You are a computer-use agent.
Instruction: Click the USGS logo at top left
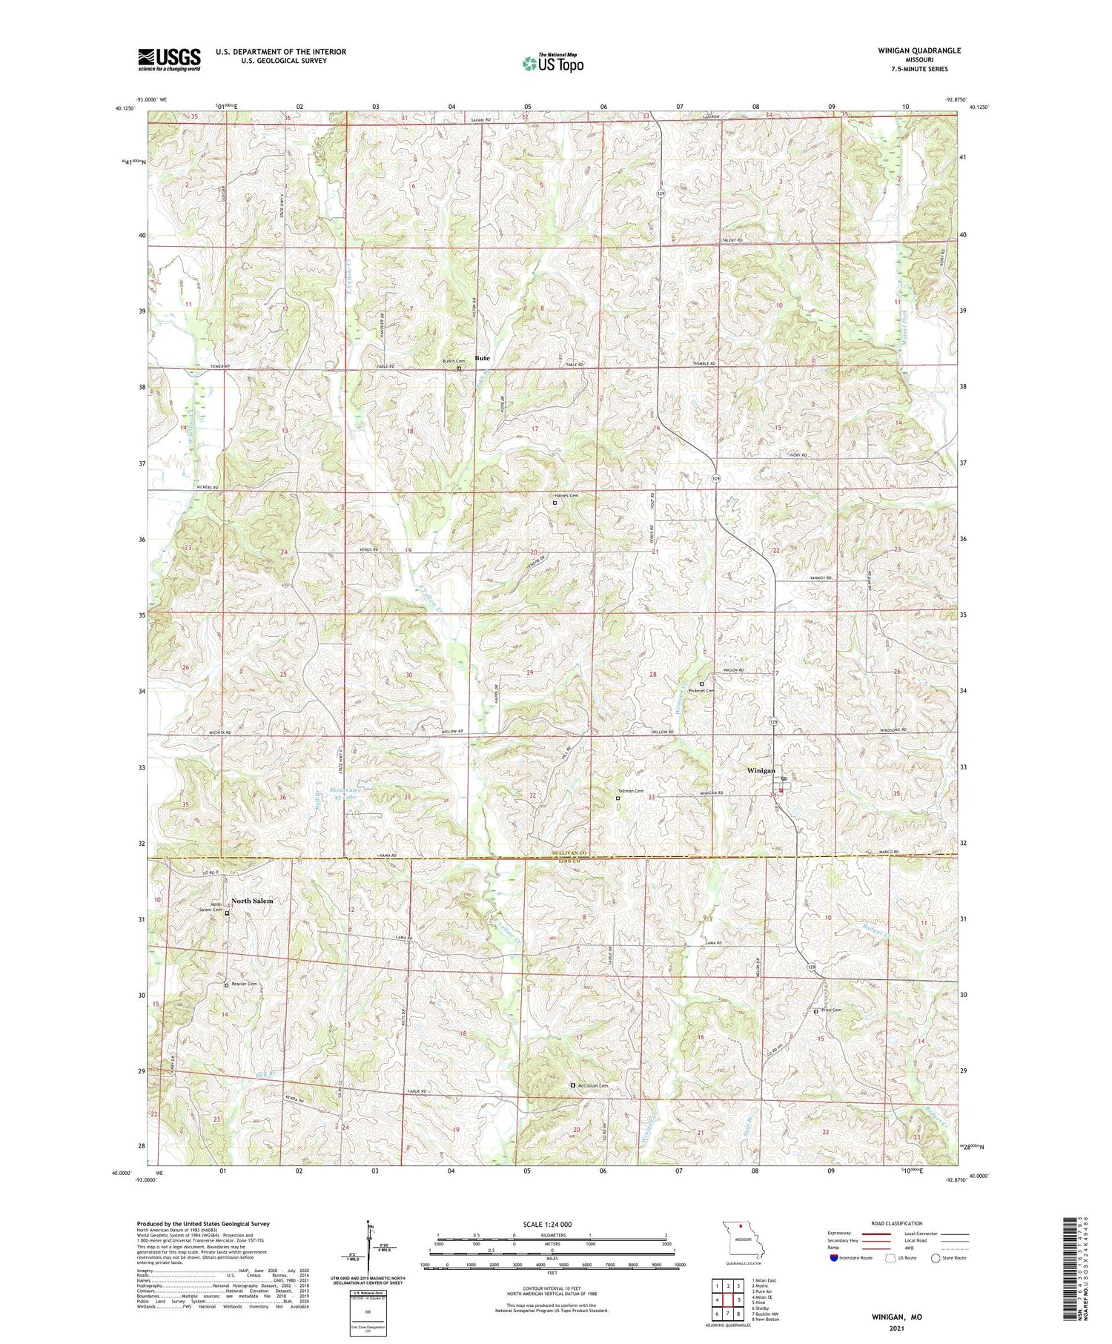[x=169, y=59]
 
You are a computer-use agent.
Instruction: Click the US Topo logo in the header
[x=552, y=64]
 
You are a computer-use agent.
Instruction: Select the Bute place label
[x=482, y=358]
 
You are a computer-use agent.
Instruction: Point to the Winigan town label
[x=760, y=771]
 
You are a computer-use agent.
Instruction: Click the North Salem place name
[x=252, y=901]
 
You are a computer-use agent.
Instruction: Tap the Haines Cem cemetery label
[x=566, y=495]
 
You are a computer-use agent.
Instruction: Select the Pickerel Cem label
[x=701, y=690]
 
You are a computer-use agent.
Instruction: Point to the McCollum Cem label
[x=593, y=1086]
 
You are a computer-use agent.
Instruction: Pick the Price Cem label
[x=832, y=1010]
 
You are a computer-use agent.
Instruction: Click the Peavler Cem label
[x=243, y=984]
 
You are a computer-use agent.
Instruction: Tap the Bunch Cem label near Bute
[x=454, y=361]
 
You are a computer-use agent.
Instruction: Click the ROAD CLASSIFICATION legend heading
[x=897, y=1224]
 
